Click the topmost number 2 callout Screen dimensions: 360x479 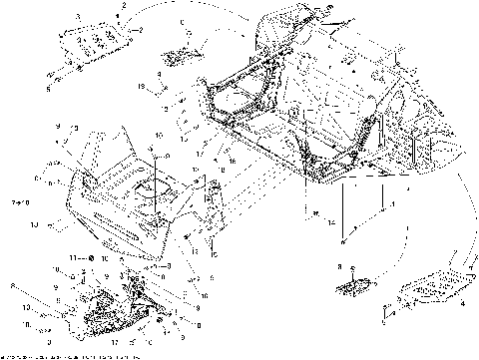[x=123, y=7]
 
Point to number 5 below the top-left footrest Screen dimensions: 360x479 [x=48, y=89]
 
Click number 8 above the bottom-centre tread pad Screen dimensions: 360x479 [x=339, y=267]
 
